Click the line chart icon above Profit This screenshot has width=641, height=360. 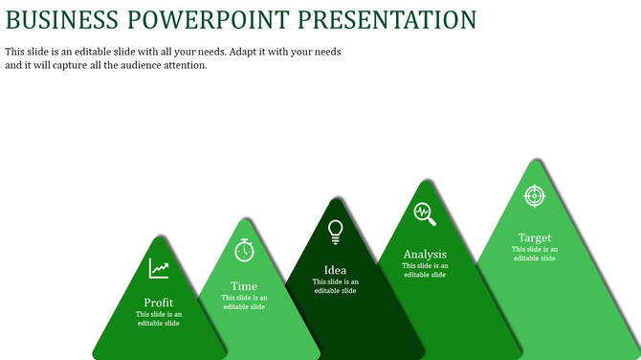pos(159,269)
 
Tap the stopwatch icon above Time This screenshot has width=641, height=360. pos(245,249)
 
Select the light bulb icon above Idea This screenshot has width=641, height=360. pos(336,232)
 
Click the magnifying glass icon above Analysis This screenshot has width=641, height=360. pos(425,214)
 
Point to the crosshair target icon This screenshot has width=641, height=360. pos(535,195)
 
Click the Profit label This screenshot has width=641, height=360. pos(159,303)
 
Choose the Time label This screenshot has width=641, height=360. pos(244,286)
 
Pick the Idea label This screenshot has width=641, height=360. pos(336,270)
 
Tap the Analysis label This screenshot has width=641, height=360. pos(425,254)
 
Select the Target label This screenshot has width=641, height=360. pos(535,237)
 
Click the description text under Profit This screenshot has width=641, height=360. pos(159,319)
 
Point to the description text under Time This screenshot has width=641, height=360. pos(244,302)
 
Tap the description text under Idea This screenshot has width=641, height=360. pos(336,285)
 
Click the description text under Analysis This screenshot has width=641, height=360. pos(425,270)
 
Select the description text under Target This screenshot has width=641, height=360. pos(535,253)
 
